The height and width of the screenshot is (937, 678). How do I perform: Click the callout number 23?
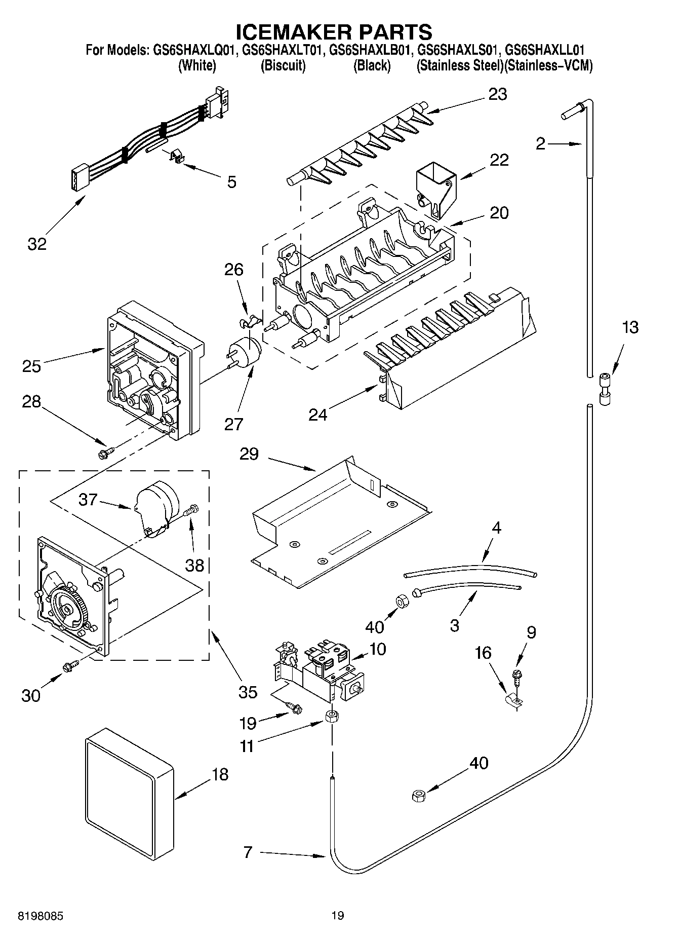click(497, 94)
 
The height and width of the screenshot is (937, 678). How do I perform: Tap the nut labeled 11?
click(332, 717)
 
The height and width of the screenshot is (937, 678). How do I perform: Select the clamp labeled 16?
click(515, 700)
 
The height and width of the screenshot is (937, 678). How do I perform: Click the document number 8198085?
click(42, 916)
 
